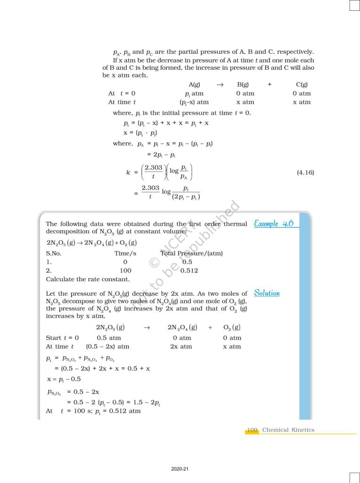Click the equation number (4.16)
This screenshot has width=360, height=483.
coord(305,173)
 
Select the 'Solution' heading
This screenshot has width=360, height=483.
coord(267,293)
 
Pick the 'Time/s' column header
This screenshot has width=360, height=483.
coord(125,253)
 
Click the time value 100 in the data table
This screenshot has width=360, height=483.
coord(126,271)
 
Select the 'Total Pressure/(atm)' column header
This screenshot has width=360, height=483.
coord(192,253)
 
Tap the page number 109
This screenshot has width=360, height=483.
coord(252,430)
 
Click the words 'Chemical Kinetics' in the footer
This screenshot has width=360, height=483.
coord(288,430)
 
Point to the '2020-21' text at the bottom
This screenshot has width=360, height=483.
coord(180,469)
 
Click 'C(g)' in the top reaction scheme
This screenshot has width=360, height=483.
coord(302,84)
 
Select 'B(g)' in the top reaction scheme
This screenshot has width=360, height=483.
coord(243,84)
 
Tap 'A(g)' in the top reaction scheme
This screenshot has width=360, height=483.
coord(194,84)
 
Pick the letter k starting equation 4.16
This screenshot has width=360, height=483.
coord(128,173)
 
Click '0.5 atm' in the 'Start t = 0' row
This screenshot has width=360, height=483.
coord(109,338)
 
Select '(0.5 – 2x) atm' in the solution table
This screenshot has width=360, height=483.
coord(107,347)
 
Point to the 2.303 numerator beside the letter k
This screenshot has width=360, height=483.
coord(154,167)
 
